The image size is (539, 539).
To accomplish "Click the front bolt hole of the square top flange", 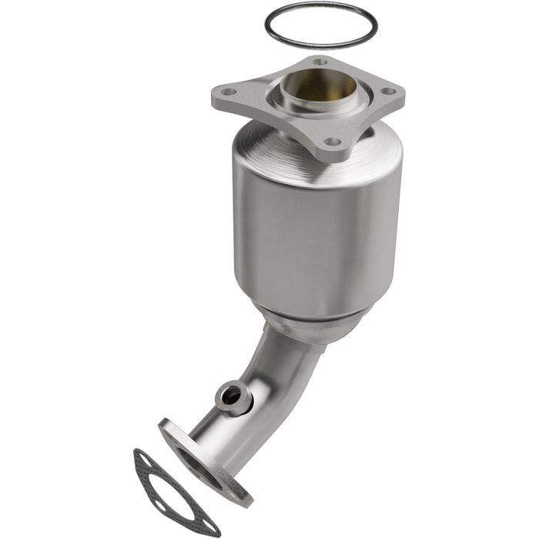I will (x=332, y=142).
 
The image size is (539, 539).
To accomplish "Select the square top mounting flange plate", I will (x=254, y=104).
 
